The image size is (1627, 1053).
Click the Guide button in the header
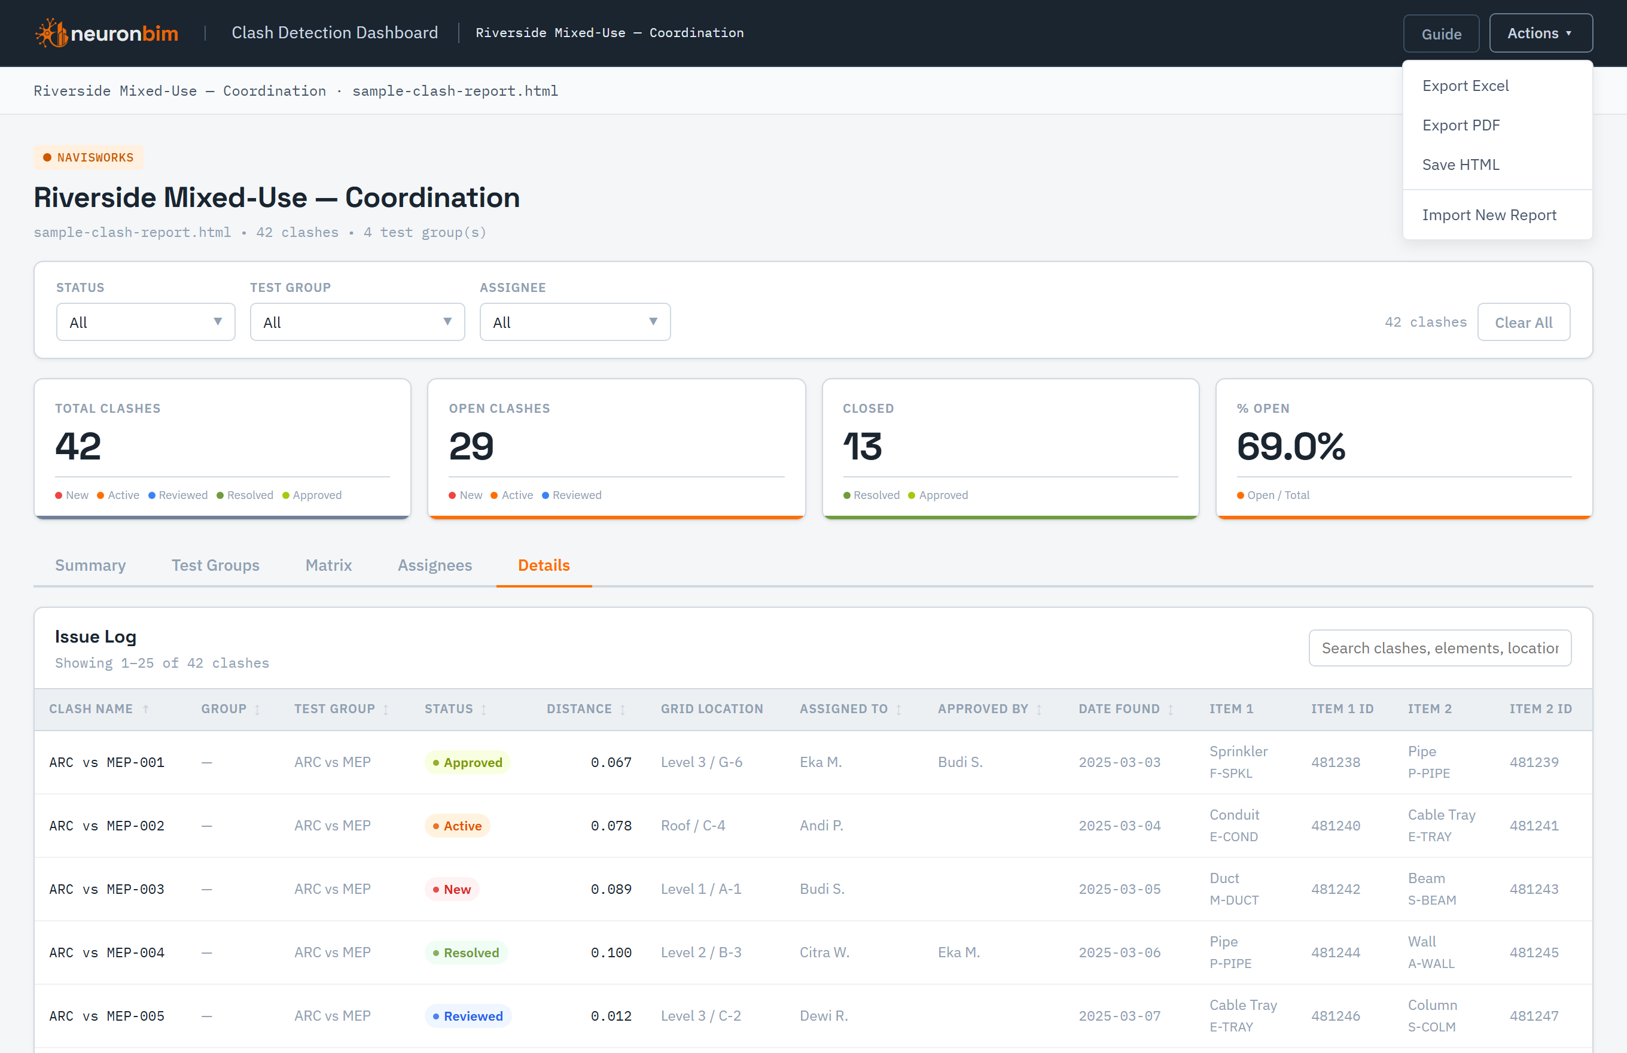pos(1441,34)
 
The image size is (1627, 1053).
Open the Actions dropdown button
pos(1541,34)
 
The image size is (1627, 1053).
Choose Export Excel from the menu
pos(1465,86)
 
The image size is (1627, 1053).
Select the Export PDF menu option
pos(1461,125)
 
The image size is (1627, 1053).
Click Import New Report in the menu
pos(1489,215)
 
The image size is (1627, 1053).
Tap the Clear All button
pos(1523,322)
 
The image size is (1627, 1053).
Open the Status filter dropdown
pos(145,322)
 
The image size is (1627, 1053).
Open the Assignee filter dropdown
pos(575,322)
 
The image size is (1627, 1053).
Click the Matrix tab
pos(329,565)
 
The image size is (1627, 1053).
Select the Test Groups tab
pos(215,565)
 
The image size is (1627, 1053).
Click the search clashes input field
pos(1440,647)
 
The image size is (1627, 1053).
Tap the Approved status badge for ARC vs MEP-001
pos(468,762)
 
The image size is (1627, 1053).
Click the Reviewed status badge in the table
pos(468,1016)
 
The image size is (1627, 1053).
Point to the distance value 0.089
pos(611,890)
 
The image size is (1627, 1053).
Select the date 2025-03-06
pos(1119,953)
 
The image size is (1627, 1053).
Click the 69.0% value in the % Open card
pos(1291,446)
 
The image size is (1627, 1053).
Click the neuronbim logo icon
pos(51,33)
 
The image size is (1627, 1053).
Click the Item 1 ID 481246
pos(1335,1016)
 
